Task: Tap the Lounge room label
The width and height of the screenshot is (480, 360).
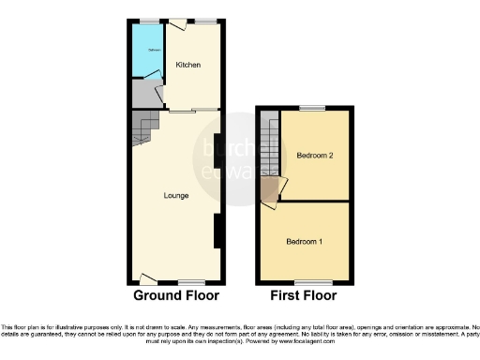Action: [176, 196]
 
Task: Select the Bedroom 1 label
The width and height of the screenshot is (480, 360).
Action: [305, 242]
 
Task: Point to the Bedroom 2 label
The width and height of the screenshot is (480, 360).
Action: [315, 155]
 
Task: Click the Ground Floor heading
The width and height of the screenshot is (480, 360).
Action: [176, 295]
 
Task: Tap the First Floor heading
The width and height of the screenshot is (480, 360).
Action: [305, 295]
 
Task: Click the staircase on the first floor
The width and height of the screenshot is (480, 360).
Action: [269, 150]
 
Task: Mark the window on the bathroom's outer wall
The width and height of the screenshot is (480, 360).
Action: [149, 21]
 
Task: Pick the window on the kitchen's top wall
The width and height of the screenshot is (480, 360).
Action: [203, 21]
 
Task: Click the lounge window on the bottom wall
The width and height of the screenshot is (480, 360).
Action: [192, 282]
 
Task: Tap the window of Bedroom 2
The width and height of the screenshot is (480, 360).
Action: [312, 108]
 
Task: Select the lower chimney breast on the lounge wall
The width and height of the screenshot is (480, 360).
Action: [217, 231]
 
